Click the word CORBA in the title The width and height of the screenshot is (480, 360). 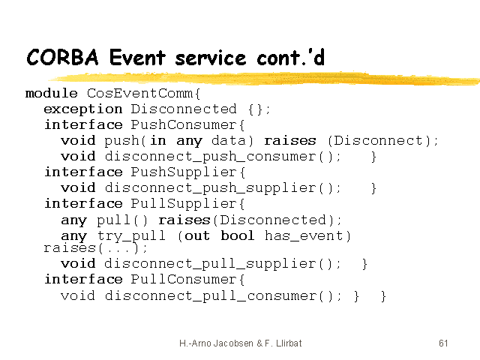[63, 57]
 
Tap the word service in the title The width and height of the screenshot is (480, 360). [211, 58]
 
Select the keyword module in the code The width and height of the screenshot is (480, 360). [52, 93]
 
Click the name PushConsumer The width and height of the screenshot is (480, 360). [184, 125]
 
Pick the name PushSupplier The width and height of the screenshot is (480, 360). [184, 172]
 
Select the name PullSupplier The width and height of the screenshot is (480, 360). [184, 204]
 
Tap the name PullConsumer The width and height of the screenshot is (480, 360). [184, 280]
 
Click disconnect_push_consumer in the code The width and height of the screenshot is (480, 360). [210, 157]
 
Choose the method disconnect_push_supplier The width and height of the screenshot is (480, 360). [210, 188]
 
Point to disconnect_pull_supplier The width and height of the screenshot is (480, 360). [210, 265]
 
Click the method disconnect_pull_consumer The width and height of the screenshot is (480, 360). [210, 296]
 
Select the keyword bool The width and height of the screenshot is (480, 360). [238, 235]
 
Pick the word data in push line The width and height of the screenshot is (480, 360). [228, 141]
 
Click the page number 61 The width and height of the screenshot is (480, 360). [443, 343]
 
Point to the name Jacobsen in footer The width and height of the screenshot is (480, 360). [233, 343]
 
